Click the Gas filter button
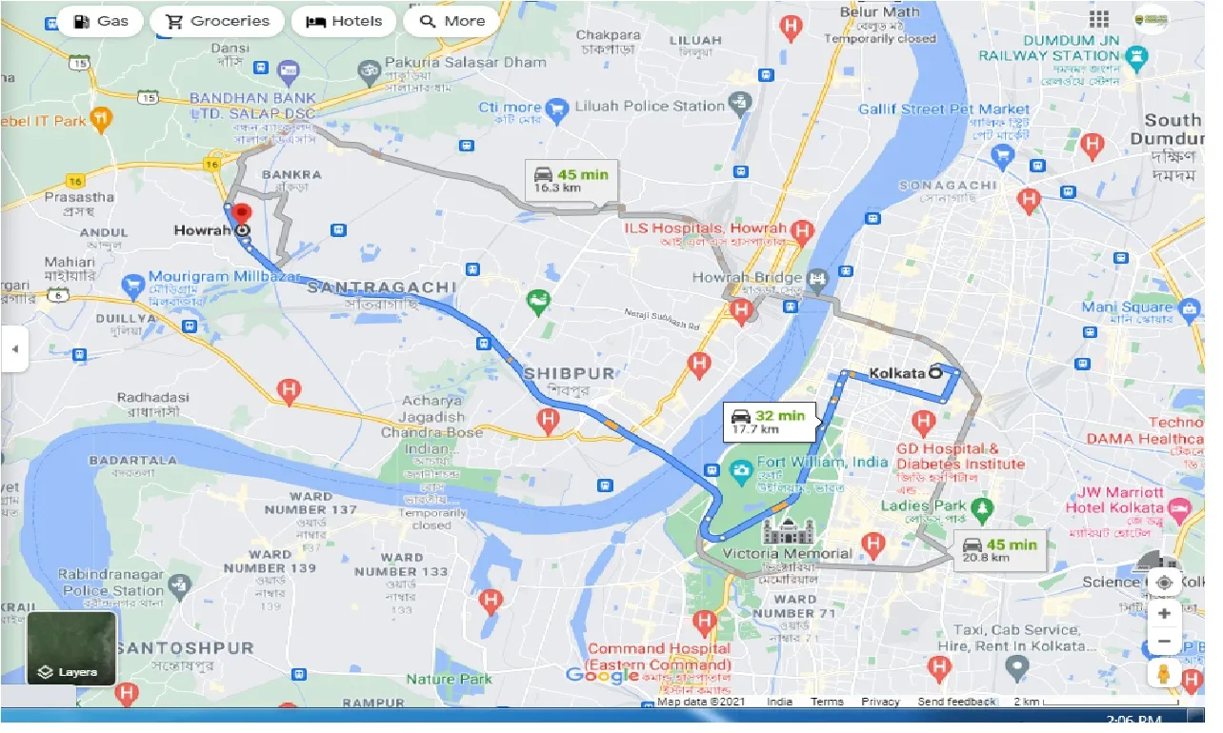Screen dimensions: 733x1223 100,21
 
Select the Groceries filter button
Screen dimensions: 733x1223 218,21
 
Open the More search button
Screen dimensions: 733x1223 451,21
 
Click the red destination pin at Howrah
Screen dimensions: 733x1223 242,213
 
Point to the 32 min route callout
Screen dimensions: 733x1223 768,422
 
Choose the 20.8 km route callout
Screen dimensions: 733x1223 998,550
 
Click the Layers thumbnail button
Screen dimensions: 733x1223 71,649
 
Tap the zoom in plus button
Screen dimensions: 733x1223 1164,614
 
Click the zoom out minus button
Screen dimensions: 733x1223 1164,643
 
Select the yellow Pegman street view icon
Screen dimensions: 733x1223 1164,674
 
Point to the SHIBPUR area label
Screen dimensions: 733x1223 569,372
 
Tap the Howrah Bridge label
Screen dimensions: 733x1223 762,278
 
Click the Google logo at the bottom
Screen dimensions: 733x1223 602,676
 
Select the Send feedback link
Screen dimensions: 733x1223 956,702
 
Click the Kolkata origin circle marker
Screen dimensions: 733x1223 936,373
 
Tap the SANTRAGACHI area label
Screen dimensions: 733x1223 382,287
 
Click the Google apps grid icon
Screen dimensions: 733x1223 1099,20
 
